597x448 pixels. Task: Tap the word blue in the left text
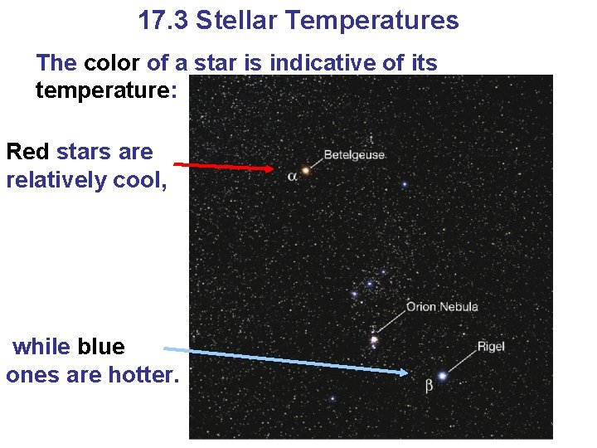pos(101,347)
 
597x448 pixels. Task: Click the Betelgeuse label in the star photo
pos(354,155)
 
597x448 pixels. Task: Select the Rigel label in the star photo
pos(490,346)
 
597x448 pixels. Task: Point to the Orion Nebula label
pos(442,307)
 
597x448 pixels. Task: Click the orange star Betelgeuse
pos(306,170)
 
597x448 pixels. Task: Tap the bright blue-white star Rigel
pos(442,376)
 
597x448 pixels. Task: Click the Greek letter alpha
pos(292,177)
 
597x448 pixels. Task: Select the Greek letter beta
pos(429,386)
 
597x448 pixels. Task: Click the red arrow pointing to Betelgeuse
pos(224,166)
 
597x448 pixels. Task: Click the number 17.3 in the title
pos(163,20)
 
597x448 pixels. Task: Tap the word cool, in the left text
pos(138,179)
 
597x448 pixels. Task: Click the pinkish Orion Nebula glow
pos(374,339)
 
